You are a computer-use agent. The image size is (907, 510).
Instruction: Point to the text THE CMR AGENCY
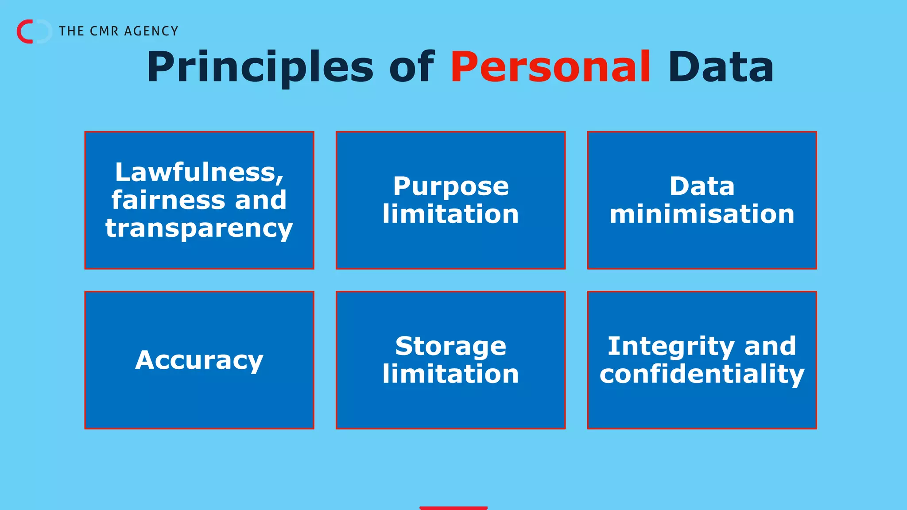tap(118, 31)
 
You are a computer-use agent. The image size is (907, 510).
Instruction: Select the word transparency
tap(199, 228)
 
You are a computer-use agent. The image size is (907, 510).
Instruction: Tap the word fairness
tap(169, 200)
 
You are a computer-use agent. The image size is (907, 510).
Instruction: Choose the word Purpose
tap(450, 186)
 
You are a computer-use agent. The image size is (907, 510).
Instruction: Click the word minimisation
tap(702, 214)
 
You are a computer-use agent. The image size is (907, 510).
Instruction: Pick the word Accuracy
tap(199, 360)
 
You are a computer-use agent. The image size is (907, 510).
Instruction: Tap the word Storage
tap(450, 346)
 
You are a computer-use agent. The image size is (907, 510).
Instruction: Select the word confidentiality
tap(702, 374)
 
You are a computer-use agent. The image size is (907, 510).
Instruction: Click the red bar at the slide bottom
tap(453, 508)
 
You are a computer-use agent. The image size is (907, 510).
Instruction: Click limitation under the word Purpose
tap(450, 214)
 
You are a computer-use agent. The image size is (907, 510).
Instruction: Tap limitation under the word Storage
tap(450, 374)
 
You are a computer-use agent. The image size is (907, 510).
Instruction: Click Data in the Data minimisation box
tap(702, 186)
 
